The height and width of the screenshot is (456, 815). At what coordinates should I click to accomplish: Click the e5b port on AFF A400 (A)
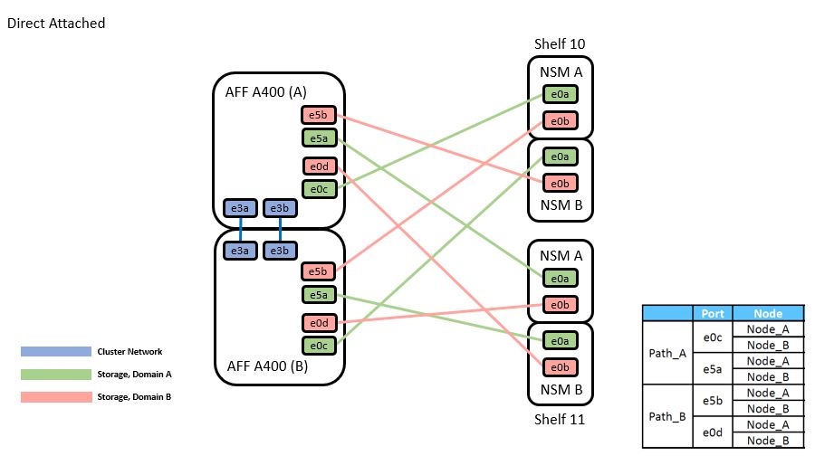(x=318, y=115)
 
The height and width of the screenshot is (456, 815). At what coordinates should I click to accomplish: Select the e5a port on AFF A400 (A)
(x=318, y=138)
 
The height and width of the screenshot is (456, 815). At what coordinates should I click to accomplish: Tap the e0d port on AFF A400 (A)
(x=318, y=166)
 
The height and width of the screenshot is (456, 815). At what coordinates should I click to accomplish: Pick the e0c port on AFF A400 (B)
(x=318, y=345)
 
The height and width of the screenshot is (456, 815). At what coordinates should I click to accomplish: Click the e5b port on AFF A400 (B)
(x=318, y=271)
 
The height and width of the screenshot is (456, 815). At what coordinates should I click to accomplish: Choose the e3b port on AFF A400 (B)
(x=280, y=251)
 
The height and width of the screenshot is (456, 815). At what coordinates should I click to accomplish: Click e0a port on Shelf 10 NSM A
(x=560, y=93)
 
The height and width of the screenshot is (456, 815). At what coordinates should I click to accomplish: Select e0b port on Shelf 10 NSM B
(x=560, y=183)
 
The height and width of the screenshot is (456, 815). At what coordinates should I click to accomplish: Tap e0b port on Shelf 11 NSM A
(x=560, y=304)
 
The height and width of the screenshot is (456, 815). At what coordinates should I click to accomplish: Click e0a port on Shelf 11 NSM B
(x=560, y=340)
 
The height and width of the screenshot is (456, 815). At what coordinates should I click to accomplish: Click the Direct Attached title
(x=56, y=24)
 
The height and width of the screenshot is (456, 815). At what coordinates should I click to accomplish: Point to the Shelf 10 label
(x=560, y=43)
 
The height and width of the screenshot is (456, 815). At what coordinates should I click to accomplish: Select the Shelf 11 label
(x=560, y=419)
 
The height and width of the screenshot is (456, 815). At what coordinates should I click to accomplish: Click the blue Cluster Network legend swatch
(x=56, y=351)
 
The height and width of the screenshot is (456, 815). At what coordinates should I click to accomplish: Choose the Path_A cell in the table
(x=668, y=353)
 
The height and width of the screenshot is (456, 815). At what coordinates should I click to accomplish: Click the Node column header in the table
(x=767, y=313)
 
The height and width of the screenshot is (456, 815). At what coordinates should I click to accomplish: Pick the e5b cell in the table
(x=713, y=400)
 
